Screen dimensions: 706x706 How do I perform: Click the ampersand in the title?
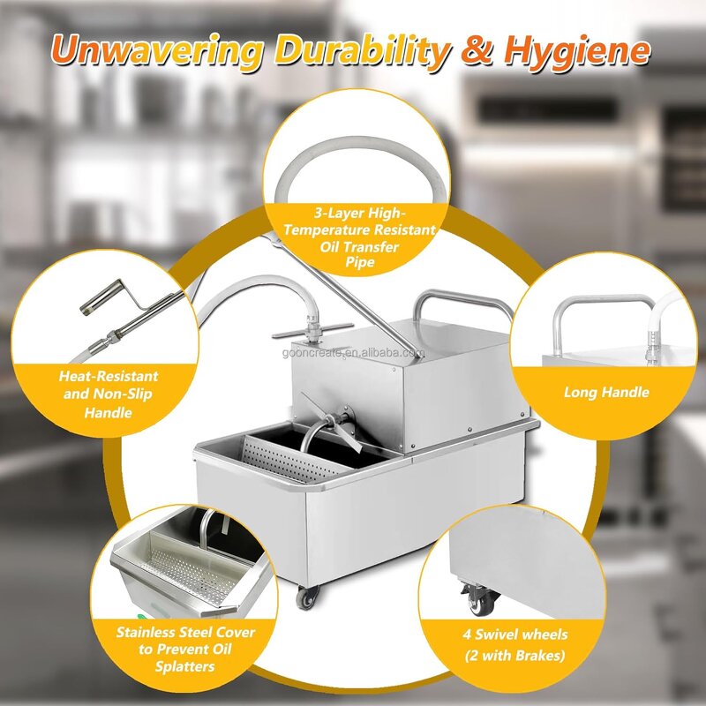(477, 50)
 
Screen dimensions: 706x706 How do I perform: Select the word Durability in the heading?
(358, 50)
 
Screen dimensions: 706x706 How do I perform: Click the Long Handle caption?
(606, 392)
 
